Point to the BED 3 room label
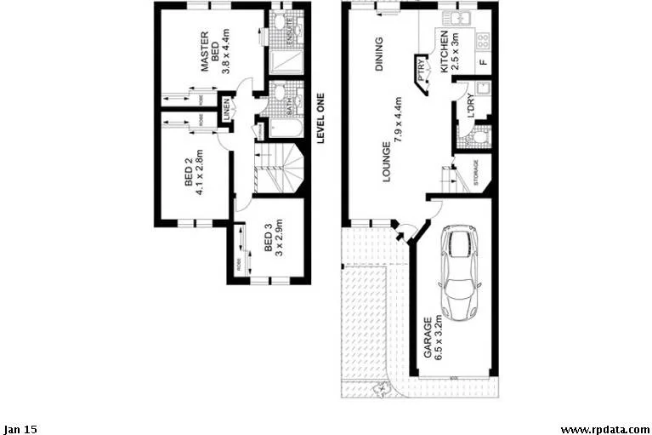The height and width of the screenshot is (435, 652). click(x=268, y=238)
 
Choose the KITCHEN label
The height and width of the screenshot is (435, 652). click(x=444, y=51)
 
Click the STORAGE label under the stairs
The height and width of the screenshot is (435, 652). click(x=476, y=173)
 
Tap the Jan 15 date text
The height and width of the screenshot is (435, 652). click(x=20, y=429)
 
